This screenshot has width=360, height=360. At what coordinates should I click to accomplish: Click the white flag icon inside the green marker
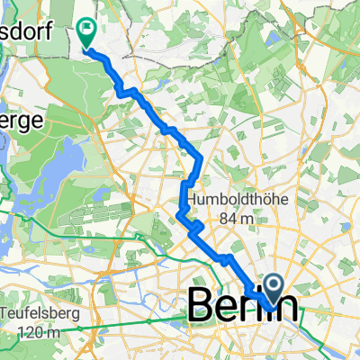88,30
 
